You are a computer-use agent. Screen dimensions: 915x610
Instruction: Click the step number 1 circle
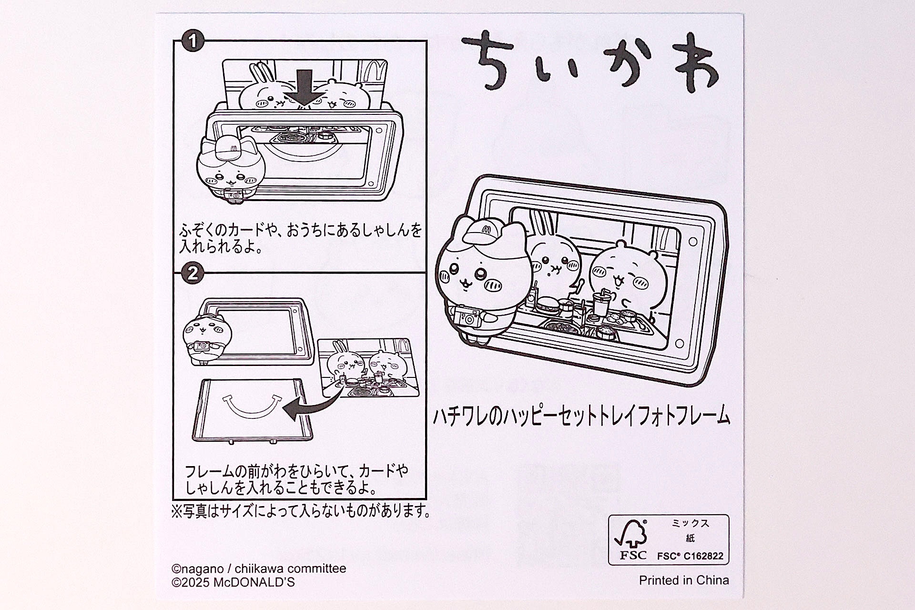193,41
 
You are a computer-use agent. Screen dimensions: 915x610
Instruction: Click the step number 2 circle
193,274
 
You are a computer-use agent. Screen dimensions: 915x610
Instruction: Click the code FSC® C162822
690,556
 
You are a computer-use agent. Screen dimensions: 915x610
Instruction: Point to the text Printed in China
683,580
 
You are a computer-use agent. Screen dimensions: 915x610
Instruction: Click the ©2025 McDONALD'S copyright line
233,582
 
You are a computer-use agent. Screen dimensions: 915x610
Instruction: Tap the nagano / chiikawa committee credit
259,569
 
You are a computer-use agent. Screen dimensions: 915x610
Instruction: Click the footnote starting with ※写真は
301,511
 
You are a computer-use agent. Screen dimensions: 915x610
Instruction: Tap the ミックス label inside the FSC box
690,523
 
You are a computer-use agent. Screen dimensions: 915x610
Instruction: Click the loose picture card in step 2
368,367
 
